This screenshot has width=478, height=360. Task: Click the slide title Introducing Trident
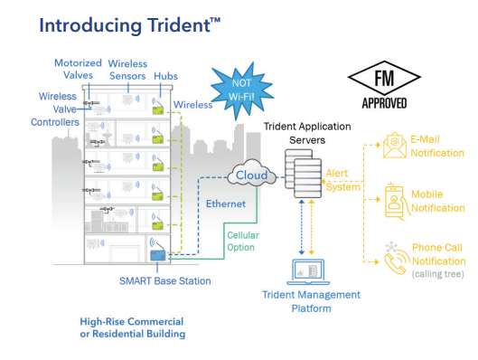[x=117, y=24]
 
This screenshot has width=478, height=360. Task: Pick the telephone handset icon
[x=395, y=258]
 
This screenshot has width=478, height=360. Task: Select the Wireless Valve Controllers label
[x=64, y=109]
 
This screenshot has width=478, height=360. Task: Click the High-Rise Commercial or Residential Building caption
[x=131, y=327]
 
